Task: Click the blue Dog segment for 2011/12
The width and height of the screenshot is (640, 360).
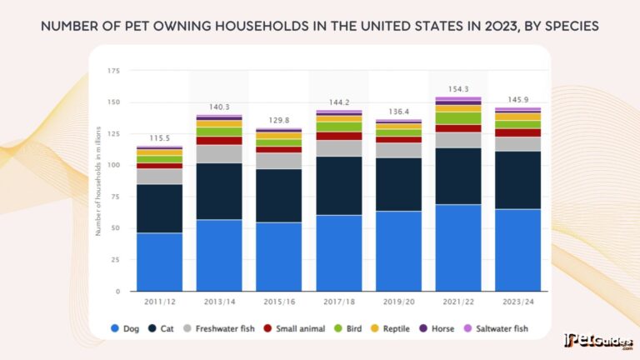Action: pos(159,262)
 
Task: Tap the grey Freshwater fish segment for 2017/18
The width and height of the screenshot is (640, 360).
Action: pos(337,148)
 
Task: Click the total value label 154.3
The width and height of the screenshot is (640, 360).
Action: pos(457,88)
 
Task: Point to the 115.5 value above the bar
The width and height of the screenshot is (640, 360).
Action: pos(159,138)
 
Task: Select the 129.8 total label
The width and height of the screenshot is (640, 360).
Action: pos(278,121)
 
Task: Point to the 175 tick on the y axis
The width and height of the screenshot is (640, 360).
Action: pos(113,71)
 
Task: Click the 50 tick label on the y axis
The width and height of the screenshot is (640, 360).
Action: pos(116,228)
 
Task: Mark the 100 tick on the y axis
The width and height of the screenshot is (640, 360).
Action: pos(113,165)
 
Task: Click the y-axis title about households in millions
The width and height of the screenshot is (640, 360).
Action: pos(97,180)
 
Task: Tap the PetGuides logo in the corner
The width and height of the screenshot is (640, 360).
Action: pos(599,342)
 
